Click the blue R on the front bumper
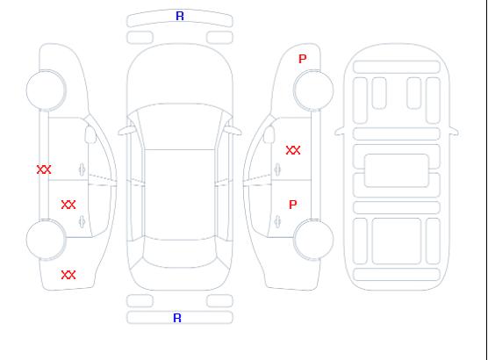pyautogui.click(x=180, y=16)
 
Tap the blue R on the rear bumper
pyautogui.click(x=177, y=318)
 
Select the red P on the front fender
pyautogui.click(x=302, y=59)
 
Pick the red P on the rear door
pyautogui.click(x=292, y=205)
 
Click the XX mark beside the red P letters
pyautogui.click(x=293, y=150)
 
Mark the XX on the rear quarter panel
pyautogui.click(x=68, y=275)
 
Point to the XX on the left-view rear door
pyautogui.click(x=68, y=205)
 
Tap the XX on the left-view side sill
pyautogui.click(x=44, y=169)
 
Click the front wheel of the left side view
pyautogui.click(x=46, y=90)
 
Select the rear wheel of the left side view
pyautogui.click(x=46, y=240)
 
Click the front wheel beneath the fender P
pyautogui.click(x=313, y=90)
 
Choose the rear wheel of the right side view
pyautogui.click(x=313, y=239)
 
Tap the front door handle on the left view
pyautogui.click(x=82, y=169)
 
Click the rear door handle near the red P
pyautogui.click(x=277, y=221)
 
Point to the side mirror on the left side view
pyautogui.click(x=90, y=134)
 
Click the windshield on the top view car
pyautogui.click(x=180, y=126)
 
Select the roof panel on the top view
pyautogui.click(x=180, y=195)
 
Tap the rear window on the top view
pyautogui.click(x=180, y=252)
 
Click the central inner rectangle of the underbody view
pyautogui.click(x=397, y=170)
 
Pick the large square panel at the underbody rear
pyautogui.click(x=397, y=241)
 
